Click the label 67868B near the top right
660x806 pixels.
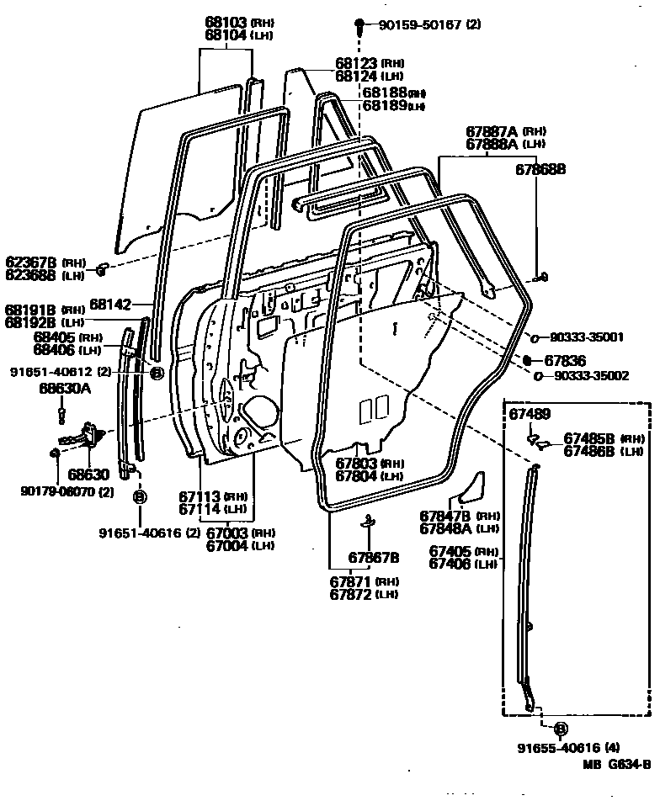point(540,168)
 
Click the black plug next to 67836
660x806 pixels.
point(528,359)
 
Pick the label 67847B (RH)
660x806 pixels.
point(446,517)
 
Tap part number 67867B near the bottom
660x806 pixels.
point(374,558)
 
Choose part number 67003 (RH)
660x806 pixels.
point(228,533)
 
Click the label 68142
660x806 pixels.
point(108,304)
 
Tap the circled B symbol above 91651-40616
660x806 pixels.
point(140,496)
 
